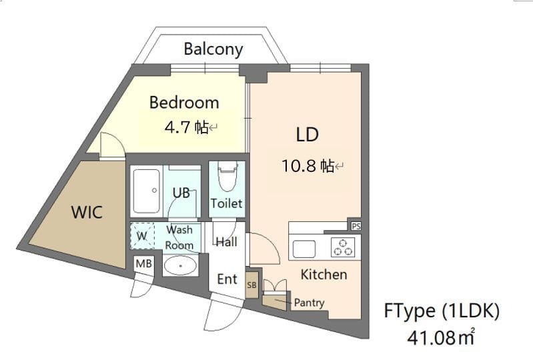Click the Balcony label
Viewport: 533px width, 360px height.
(213, 49)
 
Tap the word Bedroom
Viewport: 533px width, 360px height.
(184, 103)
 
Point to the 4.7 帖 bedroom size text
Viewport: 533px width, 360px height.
(186, 127)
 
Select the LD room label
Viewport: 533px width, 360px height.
(308, 135)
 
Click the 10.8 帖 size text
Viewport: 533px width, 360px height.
(308, 166)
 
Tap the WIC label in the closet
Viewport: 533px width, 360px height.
(87, 212)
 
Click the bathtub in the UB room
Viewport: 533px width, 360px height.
(147, 191)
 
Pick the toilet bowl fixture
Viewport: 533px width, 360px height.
(227, 177)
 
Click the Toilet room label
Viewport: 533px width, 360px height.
(226, 203)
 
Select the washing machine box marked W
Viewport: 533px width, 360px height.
(142, 236)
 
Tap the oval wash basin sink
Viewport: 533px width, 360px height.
(181, 265)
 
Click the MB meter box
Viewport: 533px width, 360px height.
(144, 263)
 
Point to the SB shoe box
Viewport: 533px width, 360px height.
(252, 285)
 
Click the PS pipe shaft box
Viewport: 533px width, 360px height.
(356, 226)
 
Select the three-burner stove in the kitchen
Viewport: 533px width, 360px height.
(343, 247)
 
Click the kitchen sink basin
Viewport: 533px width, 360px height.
(304, 249)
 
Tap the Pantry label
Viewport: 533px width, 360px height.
(309, 303)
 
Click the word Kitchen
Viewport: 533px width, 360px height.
(324, 275)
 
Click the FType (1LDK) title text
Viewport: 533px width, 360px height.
(442, 311)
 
